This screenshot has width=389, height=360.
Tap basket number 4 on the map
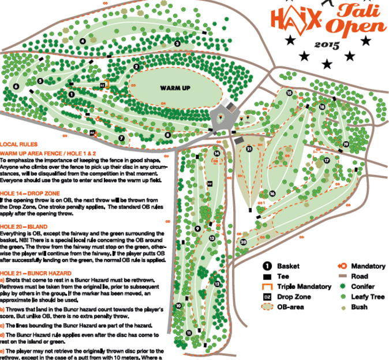coord(84,40)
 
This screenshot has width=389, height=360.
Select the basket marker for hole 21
coord(249,149)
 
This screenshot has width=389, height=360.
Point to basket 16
coord(271,193)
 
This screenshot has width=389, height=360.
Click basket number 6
coord(16,86)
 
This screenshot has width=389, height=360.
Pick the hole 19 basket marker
coord(346,144)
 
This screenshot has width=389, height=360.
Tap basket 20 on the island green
coord(244,242)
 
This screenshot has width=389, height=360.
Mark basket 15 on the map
coord(289,92)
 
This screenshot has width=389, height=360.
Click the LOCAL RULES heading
coord(19,144)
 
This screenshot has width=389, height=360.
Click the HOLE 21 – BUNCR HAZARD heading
coord(36,272)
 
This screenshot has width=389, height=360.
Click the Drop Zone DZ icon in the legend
coord(267,297)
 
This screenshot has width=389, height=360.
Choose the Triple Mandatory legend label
coord(300,287)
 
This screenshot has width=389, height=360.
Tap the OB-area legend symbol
coord(267,307)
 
